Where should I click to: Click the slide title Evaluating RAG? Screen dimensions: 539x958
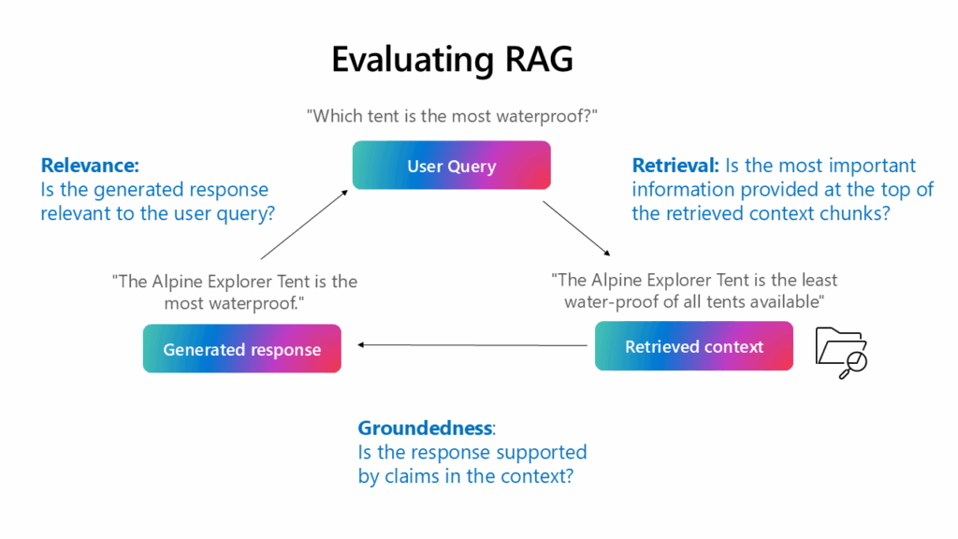point(452,60)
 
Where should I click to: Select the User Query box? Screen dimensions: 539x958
point(451,166)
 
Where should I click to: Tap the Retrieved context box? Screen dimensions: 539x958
point(693,346)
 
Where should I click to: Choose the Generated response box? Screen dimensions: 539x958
point(241,349)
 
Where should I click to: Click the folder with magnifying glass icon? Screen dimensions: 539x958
point(841,353)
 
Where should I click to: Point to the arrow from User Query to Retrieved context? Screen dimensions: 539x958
point(577,229)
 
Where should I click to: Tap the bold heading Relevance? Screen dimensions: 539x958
point(90,166)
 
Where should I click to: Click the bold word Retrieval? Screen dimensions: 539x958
point(675,166)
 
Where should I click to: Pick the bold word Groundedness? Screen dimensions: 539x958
point(425,428)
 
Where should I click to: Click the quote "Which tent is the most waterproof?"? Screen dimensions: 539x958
point(452,115)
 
